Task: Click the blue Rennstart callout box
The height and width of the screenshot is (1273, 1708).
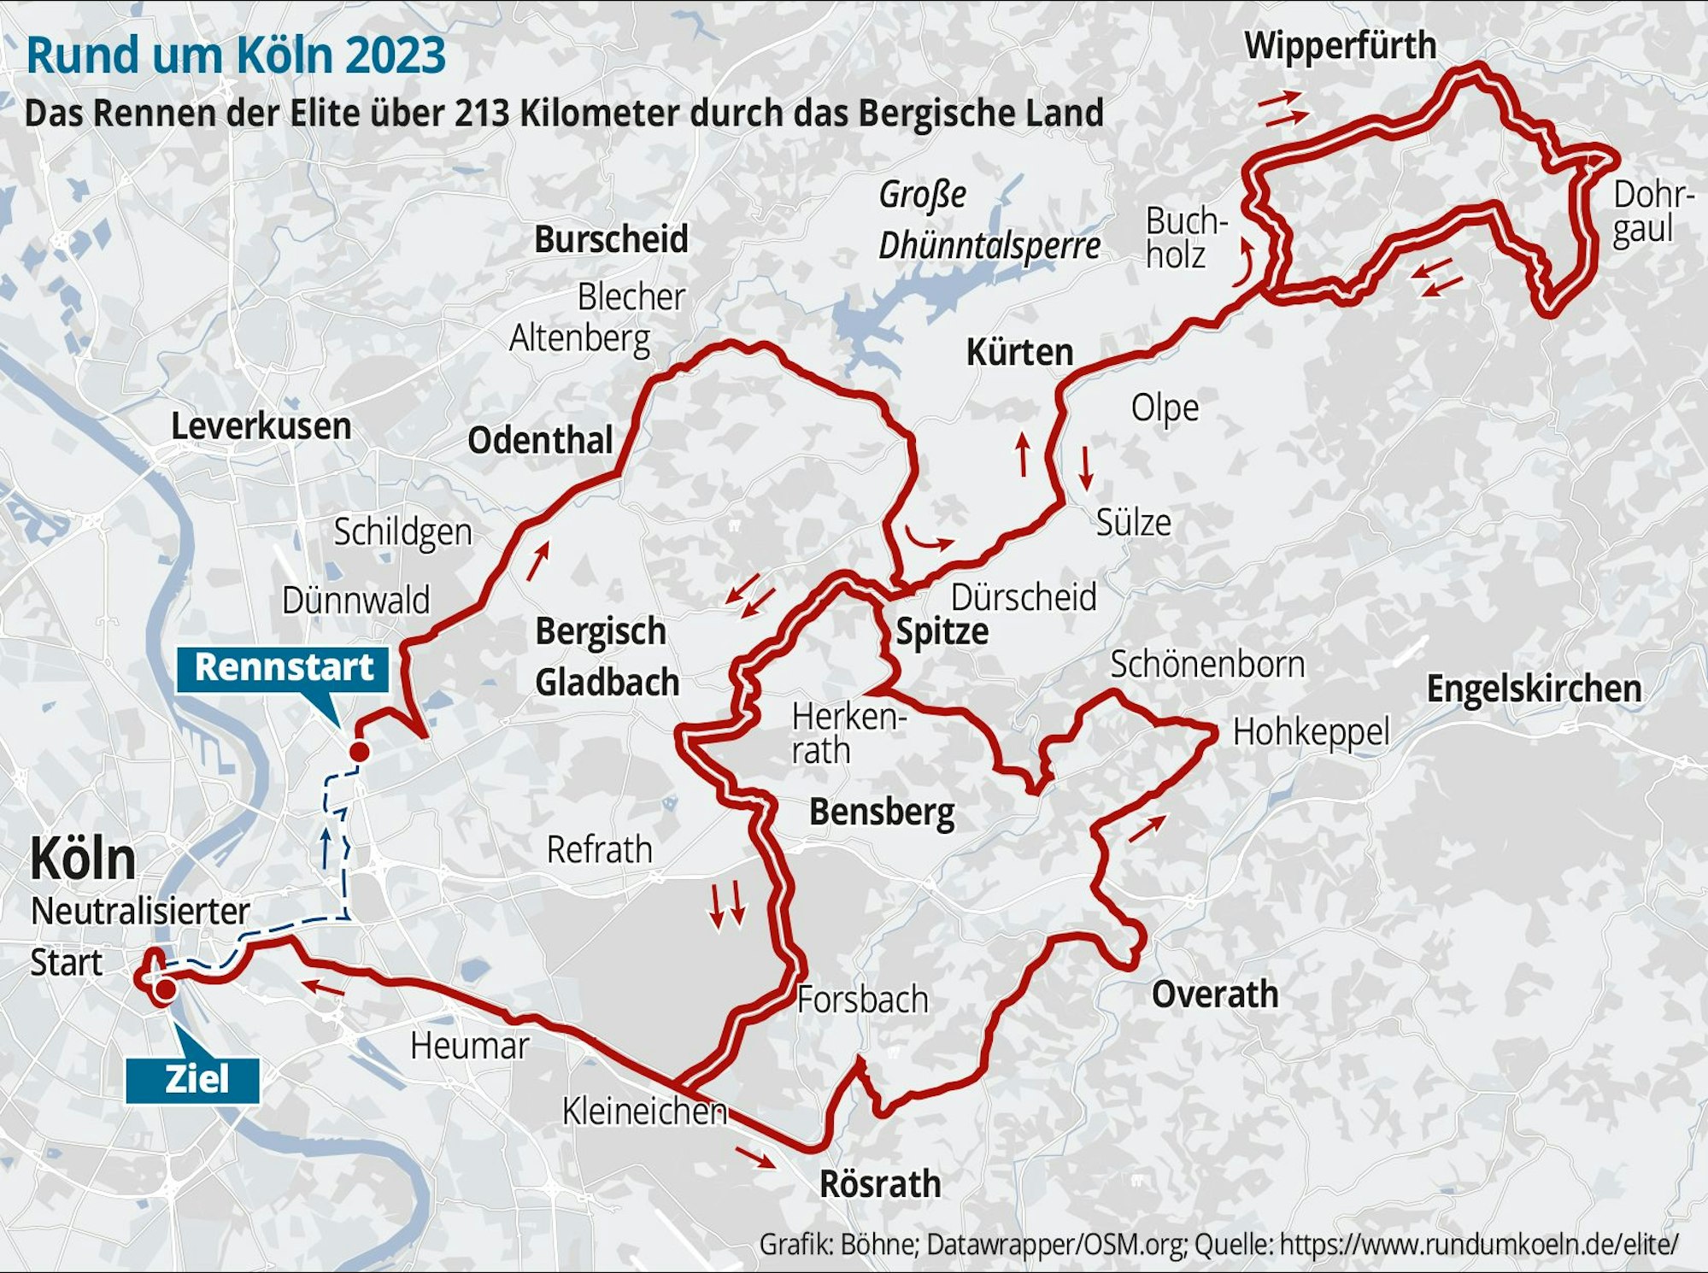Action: (x=283, y=668)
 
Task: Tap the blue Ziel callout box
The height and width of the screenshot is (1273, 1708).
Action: (x=193, y=1079)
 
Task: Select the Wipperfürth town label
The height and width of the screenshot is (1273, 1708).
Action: (x=1340, y=45)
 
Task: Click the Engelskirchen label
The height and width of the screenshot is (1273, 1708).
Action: (x=1534, y=689)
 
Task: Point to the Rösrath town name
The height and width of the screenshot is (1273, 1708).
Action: (x=880, y=1184)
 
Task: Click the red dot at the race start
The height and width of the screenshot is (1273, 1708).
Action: (x=360, y=752)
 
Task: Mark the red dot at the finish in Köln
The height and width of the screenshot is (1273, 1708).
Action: (x=165, y=989)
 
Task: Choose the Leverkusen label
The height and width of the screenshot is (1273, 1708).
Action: (x=261, y=426)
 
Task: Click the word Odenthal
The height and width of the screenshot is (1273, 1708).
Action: (x=540, y=441)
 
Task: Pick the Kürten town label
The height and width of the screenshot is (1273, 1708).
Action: (x=1019, y=352)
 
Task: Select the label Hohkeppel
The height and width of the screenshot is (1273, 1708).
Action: (x=1311, y=732)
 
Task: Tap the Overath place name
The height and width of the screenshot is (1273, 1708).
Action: (x=1214, y=994)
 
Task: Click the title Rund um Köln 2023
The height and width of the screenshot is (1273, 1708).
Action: (x=236, y=55)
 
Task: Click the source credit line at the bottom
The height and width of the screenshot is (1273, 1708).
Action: (x=1218, y=1244)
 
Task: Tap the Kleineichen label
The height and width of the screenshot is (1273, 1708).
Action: (x=644, y=1111)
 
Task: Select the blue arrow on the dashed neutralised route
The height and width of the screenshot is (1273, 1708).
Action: (x=326, y=846)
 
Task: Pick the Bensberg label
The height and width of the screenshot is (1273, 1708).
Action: (x=881, y=812)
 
